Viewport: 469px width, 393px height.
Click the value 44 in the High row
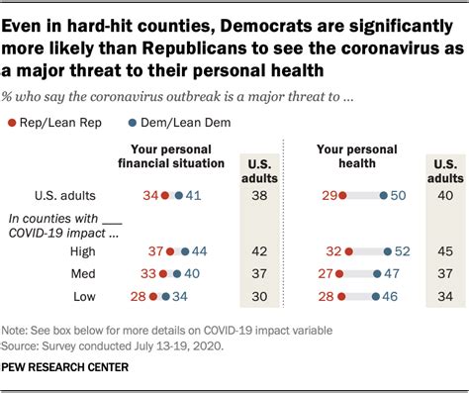198,250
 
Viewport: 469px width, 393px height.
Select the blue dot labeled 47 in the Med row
375,272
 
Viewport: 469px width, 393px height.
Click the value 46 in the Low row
392,295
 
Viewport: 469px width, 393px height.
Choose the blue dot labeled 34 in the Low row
166,295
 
